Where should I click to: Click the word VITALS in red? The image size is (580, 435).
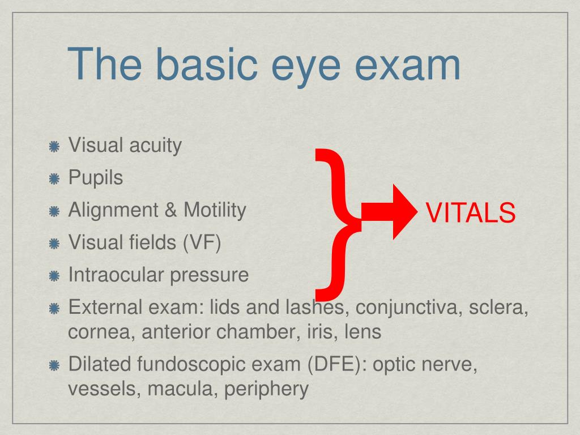470,213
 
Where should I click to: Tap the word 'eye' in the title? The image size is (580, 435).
308,65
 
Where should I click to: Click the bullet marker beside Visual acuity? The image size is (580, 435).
54,146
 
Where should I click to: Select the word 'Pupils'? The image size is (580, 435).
95,178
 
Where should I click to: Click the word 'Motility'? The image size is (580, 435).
215,211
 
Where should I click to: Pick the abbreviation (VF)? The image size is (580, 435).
202,243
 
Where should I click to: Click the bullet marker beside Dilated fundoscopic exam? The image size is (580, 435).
54,365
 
